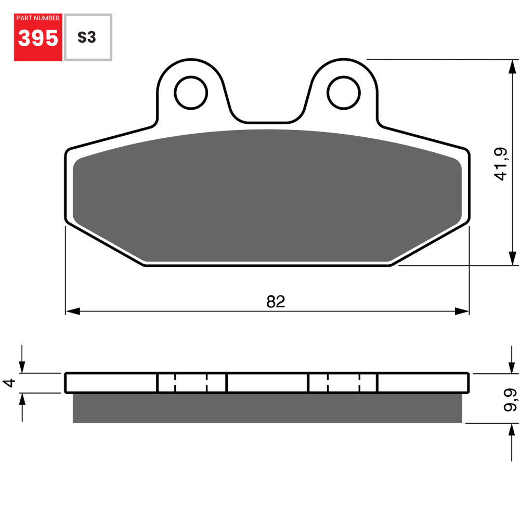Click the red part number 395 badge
(x=38, y=37)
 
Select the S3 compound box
(x=87, y=37)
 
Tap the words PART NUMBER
(x=38, y=18)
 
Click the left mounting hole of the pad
(x=191, y=93)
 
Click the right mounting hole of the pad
(x=344, y=93)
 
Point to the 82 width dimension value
(x=276, y=302)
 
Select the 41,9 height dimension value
(x=500, y=164)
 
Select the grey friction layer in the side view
(x=267, y=408)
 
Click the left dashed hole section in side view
(x=191, y=383)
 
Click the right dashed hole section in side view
(x=343, y=383)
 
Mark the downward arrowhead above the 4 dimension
(x=22, y=366)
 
